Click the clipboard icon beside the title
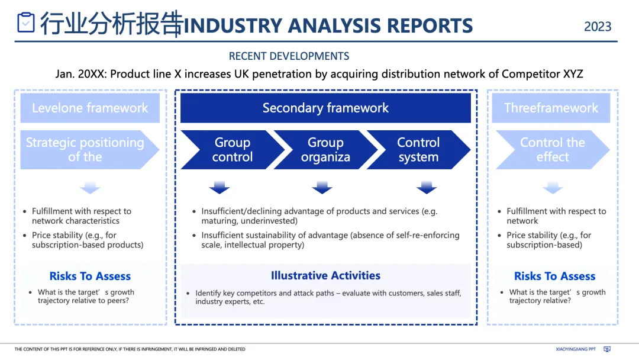[26, 22]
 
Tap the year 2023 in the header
[598, 27]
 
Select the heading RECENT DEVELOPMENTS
[289, 56]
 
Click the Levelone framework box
[90, 108]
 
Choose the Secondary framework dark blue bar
[325, 108]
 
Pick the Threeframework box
[551, 108]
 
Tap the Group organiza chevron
[325, 150]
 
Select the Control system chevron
[418, 150]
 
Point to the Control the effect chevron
[552, 150]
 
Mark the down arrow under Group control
[220, 188]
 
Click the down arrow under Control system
[426, 188]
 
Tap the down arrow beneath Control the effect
[552, 188]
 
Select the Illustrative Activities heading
[325, 275]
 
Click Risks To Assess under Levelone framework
[90, 276]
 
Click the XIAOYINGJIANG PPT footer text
[576, 349]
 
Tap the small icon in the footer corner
[606, 349]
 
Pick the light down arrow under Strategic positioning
[90, 188]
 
